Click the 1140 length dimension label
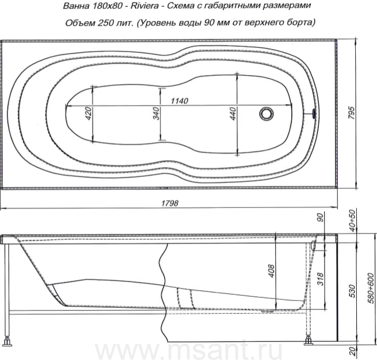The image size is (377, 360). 179,101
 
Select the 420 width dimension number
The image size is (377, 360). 88,114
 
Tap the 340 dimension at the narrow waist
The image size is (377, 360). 156,114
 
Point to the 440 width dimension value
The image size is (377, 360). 233,114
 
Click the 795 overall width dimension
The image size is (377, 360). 351,113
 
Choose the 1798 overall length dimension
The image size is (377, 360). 170,203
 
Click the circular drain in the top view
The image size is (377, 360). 266,114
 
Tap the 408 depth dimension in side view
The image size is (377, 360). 271,271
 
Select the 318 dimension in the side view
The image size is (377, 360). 320,279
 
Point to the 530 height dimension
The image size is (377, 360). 352,291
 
